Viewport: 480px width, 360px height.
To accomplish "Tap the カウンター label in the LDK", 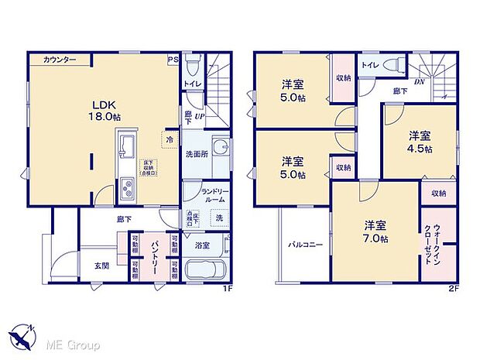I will pyautogui.click(x=59, y=60).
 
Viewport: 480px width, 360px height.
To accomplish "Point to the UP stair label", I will pyautogui.click(x=199, y=116).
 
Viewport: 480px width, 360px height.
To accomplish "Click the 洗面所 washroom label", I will pyautogui.click(x=196, y=153).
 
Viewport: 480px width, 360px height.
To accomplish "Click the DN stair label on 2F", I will pyautogui.click(x=419, y=81).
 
